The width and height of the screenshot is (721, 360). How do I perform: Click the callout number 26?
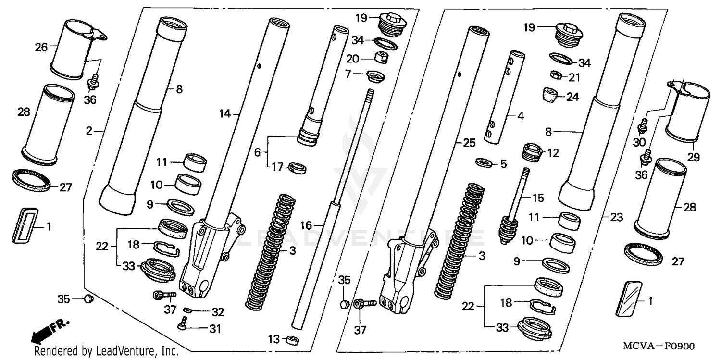click(x=41, y=47)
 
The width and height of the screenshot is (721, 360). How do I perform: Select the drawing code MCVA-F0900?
click(x=659, y=346)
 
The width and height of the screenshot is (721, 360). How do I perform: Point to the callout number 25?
click(x=470, y=143)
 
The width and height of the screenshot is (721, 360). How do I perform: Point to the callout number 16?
click(x=306, y=225)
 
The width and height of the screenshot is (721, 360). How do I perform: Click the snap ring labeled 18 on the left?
click(x=166, y=248)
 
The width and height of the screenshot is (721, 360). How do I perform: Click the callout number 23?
click(x=617, y=218)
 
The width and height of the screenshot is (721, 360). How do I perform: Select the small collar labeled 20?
click(x=381, y=58)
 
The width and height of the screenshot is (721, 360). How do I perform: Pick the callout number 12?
click(x=554, y=153)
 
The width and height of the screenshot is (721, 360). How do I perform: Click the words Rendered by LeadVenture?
click(x=106, y=352)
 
